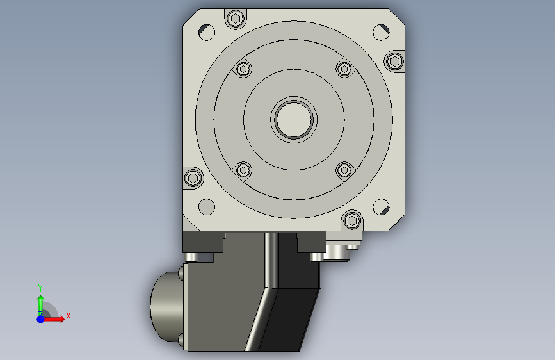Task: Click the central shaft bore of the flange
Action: coord(294,119)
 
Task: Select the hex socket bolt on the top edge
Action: coord(236,19)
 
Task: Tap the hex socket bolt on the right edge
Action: coord(395,61)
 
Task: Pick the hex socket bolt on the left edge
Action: coord(193,177)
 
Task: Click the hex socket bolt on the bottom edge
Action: coord(352,221)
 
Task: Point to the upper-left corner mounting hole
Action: coord(207,32)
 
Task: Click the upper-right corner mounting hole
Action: coord(382,32)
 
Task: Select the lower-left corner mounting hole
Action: coord(207,206)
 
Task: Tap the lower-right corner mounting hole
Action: coord(382,206)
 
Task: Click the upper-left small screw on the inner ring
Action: coord(243,69)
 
